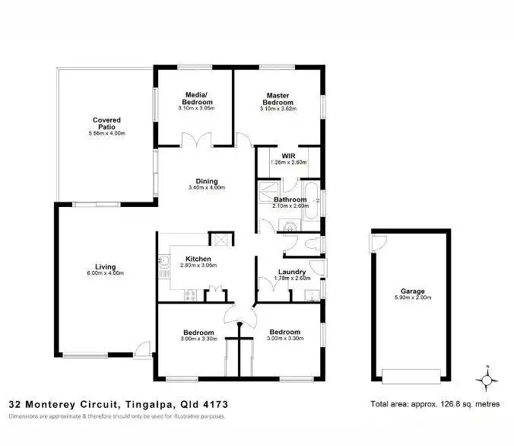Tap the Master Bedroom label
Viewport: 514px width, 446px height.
point(278,99)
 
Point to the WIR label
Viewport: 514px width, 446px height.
point(287,156)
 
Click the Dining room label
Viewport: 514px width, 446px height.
point(207,181)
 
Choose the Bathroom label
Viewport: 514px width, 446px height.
point(290,200)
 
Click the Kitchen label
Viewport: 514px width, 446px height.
point(198,260)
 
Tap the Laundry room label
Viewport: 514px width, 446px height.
point(292,272)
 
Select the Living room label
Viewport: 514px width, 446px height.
point(106,266)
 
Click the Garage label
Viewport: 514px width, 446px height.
point(413,291)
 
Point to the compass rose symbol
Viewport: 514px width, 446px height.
point(487,378)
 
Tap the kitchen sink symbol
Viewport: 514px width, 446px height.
point(163,263)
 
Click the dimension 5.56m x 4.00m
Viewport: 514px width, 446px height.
point(106,134)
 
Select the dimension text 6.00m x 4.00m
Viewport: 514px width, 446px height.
point(106,273)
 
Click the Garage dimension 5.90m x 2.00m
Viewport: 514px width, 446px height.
point(413,298)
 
